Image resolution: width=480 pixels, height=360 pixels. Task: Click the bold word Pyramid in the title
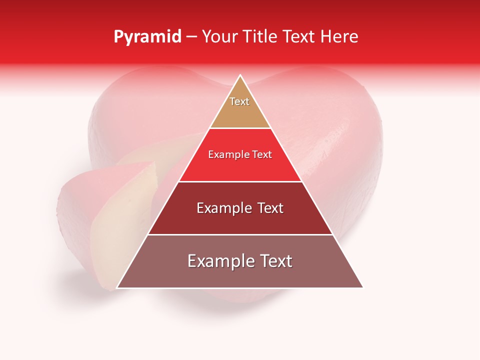click(147, 37)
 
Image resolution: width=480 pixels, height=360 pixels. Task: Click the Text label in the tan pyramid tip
click(239, 101)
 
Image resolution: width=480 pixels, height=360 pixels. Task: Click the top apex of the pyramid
click(240, 75)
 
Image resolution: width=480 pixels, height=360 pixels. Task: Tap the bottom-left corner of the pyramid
click(117, 287)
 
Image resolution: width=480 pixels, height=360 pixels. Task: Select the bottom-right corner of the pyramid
click(362, 287)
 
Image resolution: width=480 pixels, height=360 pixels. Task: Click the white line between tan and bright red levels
click(240, 128)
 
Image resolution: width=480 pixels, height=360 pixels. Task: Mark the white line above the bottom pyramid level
click(240, 234)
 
